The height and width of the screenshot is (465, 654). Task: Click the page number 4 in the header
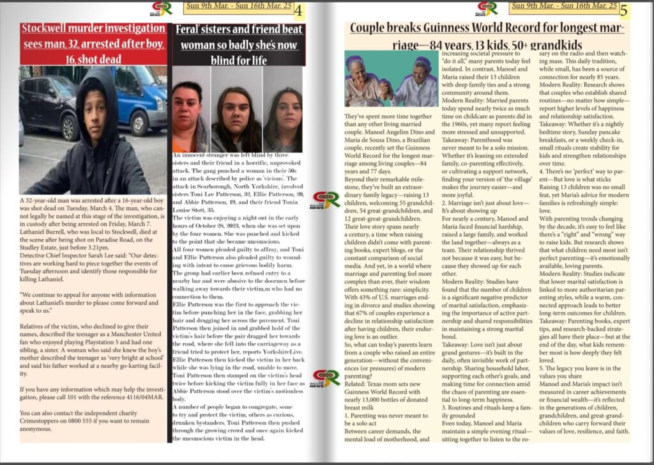tap(299, 10)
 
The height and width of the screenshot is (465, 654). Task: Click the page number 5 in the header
tap(624, 10)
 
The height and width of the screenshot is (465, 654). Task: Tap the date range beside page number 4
tap(238, 7)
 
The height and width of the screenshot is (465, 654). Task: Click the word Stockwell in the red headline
tap(48, 29)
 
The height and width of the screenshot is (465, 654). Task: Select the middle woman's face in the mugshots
tap(236, 113)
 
